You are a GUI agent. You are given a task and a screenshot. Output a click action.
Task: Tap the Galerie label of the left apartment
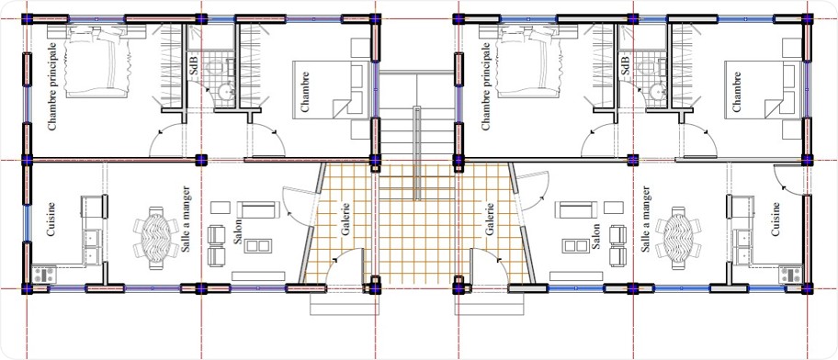346,220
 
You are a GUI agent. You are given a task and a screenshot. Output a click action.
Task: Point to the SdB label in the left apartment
193,65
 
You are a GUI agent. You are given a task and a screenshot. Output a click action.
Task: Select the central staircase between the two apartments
418,138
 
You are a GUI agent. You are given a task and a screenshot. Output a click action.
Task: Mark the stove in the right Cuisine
789,274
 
